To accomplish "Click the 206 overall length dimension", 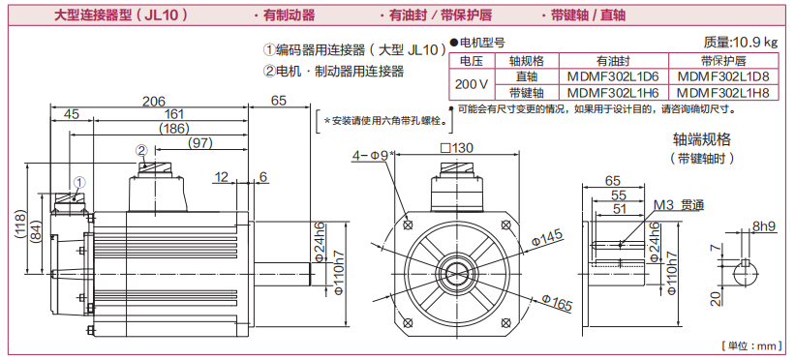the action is [x=153, y=101].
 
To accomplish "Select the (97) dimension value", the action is [x=199, y=143].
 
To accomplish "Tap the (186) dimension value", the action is [x=174, y=129].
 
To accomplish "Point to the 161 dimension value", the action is [x=174, y=114].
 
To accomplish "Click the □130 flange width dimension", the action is [x=456, y=147].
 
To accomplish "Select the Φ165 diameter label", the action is [x=557, y=303].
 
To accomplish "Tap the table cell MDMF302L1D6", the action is [x=613, y=76].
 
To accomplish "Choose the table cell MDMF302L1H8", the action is [x=723, y=93].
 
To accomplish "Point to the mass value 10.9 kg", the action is [x=755, y=43].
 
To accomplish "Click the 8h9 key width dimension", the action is [x=765, y=226].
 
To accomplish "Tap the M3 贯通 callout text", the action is [x=679, y=205].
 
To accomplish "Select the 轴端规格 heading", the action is [x=702, y=139].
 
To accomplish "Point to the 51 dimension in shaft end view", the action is [x=620, y=209].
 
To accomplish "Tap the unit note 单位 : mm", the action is [x=752, y=345].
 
